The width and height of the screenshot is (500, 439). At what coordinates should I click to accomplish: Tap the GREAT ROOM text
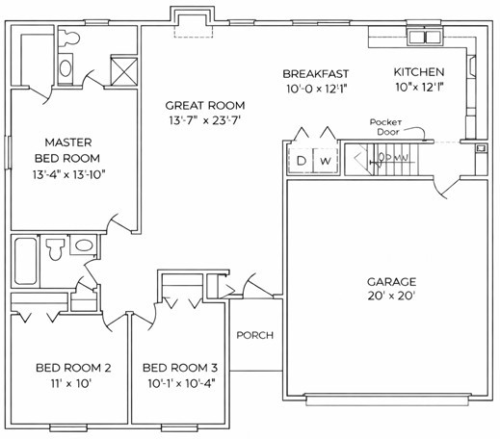(x=204, y=106)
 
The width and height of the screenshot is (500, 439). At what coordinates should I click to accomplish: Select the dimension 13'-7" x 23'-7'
(x=204, y=121)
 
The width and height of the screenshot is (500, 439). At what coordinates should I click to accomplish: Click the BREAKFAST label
(x=315, y=74)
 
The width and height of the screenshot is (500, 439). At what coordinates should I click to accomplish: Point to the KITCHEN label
(x=419, y=73)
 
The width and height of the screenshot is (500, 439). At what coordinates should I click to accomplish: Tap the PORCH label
(x=254, y=336)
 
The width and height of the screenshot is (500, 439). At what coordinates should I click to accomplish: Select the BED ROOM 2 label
(x=74, y=368)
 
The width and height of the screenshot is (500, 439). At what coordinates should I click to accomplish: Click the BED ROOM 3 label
(x=180, y=368)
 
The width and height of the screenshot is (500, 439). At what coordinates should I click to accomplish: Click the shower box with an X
(x=122, y=69)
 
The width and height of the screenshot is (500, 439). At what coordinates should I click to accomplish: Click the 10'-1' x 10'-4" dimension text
(x=180, y=383)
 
